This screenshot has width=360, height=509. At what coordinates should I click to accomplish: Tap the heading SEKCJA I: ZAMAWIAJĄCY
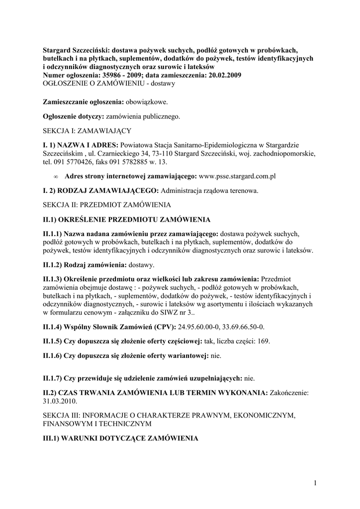[87, 131]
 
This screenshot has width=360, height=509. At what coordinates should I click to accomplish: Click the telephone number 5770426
[77, 162]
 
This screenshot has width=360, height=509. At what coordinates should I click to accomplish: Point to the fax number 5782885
[135, 162]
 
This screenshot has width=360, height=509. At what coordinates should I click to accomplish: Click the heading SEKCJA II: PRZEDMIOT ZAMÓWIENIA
[107, 205]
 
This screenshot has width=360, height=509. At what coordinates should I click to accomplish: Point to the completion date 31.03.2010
[60, 401]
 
